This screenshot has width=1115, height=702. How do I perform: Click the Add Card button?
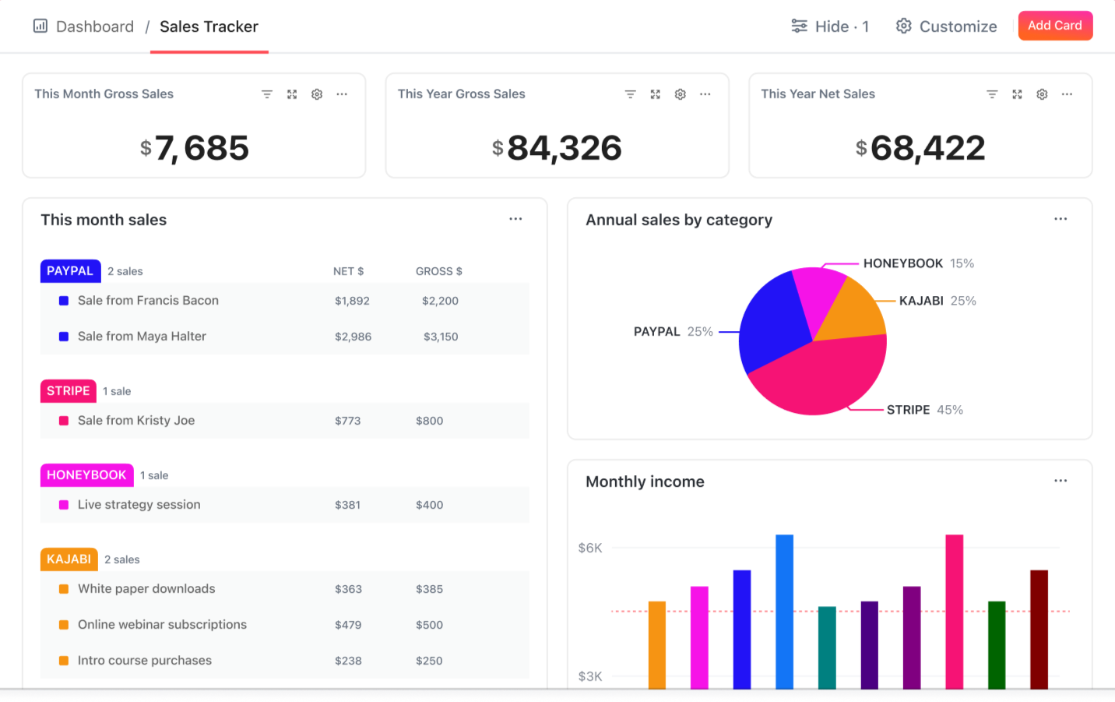(x=1054, y=26)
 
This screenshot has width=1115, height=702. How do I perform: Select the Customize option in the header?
(x=946, y=26)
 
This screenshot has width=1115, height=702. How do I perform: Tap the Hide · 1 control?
(x=830, y=26)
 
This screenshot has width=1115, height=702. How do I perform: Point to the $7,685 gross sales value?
(x=195, y=148)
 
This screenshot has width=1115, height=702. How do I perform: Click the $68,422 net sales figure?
(x=921, y=148)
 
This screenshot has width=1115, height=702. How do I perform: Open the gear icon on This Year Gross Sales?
(x=680, y=94)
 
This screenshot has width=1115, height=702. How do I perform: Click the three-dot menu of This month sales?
(x=515, y=219)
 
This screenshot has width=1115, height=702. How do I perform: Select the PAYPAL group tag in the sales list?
(x=70, y=271)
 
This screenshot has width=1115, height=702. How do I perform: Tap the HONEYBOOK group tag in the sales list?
(x=86, y=475)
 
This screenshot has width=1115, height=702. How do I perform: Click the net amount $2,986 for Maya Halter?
(x=353, y=337)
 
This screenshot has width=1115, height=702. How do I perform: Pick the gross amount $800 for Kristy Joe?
(x=429, y=421)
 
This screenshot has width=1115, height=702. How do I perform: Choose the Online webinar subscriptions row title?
(x=162, y=625)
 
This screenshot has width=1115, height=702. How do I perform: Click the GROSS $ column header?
(x=438, y=271)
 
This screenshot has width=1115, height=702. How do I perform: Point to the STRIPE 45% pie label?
(x=924, y=410)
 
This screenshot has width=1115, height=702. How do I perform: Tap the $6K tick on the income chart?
(x=590, y=548)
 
